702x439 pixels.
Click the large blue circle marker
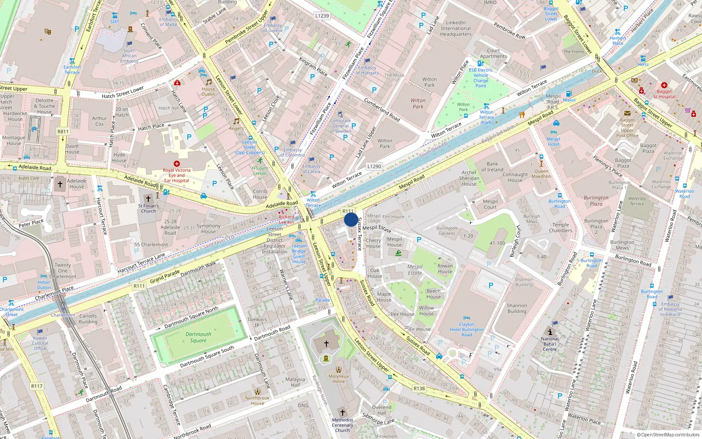351,220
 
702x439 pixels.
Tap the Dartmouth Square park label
198,337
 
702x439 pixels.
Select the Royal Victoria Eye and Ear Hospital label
177,175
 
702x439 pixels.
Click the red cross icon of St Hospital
664,85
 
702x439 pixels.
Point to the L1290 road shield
374,166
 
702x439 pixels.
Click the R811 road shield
63,131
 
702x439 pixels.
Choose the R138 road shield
419,389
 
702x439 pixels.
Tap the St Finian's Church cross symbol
148,199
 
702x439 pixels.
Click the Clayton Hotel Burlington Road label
466,329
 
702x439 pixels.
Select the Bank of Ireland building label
492,167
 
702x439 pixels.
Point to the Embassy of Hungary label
367,70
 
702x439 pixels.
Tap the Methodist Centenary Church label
342,425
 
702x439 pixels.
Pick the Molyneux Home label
339,379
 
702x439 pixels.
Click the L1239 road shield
322,16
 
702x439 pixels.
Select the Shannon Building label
517,308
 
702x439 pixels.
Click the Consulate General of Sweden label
340,126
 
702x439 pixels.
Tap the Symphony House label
208,229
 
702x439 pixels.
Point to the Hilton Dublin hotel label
44,285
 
